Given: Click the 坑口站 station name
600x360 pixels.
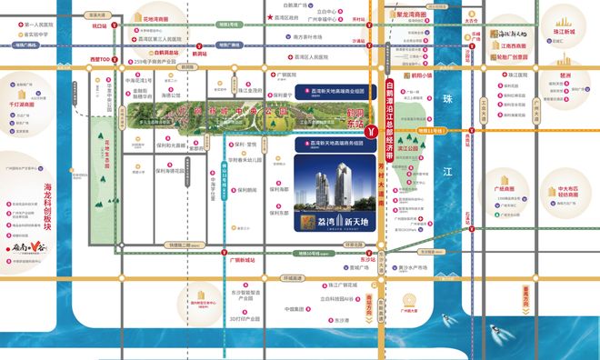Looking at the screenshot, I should (x=100, y=27).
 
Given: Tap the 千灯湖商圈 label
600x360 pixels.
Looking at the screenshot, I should (x=21, y=105).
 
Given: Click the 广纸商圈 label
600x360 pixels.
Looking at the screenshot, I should (x=505, y=187).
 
